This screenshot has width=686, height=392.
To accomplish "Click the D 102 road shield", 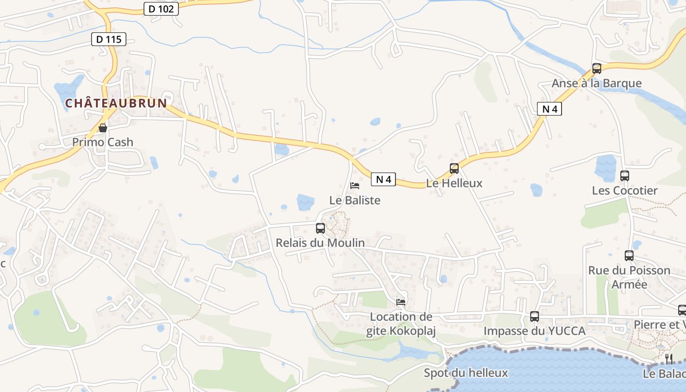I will point(161,8).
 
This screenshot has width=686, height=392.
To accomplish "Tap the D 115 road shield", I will point(109,39).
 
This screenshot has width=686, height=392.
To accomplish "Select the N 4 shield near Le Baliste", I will point(383,179).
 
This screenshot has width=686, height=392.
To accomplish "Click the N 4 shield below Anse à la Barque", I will point(549,109).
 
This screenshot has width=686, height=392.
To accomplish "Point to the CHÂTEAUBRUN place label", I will point(116,103).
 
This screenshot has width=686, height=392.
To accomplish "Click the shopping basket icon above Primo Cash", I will point(103,128).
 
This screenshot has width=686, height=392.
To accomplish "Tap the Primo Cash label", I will point(103,142).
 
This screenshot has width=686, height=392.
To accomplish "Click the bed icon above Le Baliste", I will point(355,186).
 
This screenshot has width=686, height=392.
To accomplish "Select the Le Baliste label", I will point(355,200).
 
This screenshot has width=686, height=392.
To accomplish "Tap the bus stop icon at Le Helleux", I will point(454,169).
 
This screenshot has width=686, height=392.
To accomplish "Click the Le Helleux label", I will point(454,183).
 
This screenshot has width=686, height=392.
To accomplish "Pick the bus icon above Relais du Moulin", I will point(320,228).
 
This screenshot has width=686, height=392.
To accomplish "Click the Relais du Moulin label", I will point(320,243).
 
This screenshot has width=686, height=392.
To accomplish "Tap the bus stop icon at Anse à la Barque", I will point(597,69).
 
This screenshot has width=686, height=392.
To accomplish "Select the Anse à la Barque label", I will point(597,83).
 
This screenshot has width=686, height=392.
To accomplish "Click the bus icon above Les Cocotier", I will point(625,175).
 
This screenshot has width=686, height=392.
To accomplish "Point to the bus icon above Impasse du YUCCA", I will point(535,317).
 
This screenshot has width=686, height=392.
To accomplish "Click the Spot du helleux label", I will point(466,373).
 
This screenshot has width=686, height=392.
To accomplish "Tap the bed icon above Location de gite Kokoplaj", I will point(401,302).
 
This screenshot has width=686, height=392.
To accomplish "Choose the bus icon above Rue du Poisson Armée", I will point(629,256).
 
